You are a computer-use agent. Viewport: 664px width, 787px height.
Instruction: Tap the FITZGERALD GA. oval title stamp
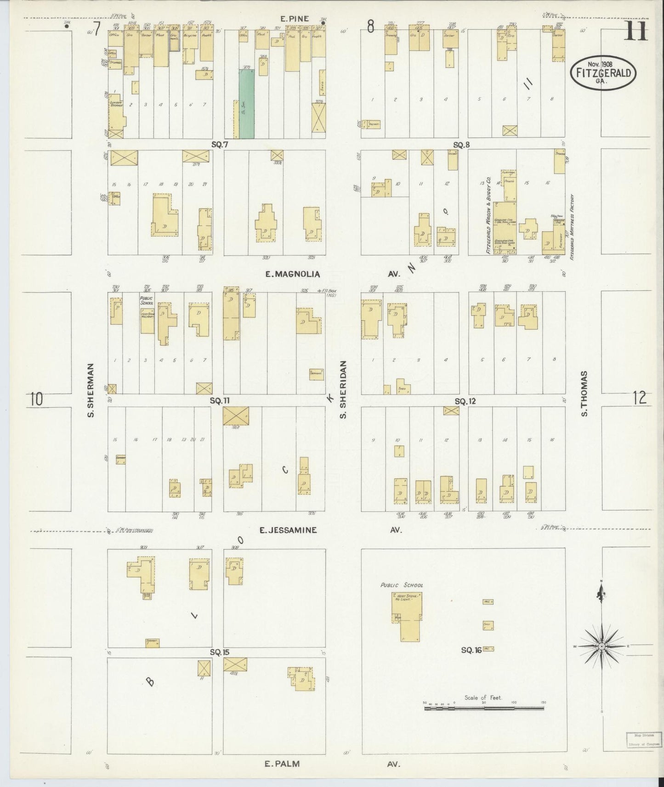pos(603,73)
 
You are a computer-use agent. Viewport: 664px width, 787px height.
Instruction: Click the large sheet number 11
pos(636,32)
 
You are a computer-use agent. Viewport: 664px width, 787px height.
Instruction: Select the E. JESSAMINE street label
pos(288,530)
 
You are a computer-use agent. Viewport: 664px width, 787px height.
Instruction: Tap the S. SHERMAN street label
pos(91,390)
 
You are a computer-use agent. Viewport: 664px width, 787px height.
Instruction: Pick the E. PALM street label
pos(282,764)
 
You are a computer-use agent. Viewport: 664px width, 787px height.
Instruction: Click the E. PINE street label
pos(294,19)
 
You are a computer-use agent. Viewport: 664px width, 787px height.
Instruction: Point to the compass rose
pos(601,646)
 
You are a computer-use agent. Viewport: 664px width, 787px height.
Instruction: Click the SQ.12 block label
pos(465,401)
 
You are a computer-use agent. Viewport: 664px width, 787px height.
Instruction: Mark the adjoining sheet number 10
pos(37,399)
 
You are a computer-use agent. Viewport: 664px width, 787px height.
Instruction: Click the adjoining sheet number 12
pos(639,398)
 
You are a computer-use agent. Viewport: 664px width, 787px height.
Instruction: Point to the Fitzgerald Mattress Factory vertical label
pos(572,226)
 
